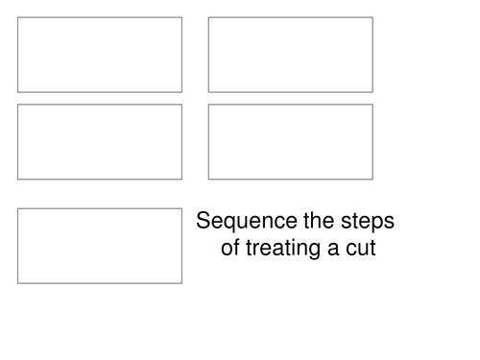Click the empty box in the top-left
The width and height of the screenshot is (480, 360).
coord(100,55)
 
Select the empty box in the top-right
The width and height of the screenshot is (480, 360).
coord(290,55)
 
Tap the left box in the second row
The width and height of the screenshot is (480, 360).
coord(100,141)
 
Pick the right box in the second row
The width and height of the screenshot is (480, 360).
coord(290,141)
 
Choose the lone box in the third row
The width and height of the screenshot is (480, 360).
coord(100,245)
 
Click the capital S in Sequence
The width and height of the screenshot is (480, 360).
coord(204,222)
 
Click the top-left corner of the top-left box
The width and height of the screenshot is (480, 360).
coord(17,17)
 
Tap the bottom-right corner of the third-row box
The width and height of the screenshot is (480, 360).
coord(181,283)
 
